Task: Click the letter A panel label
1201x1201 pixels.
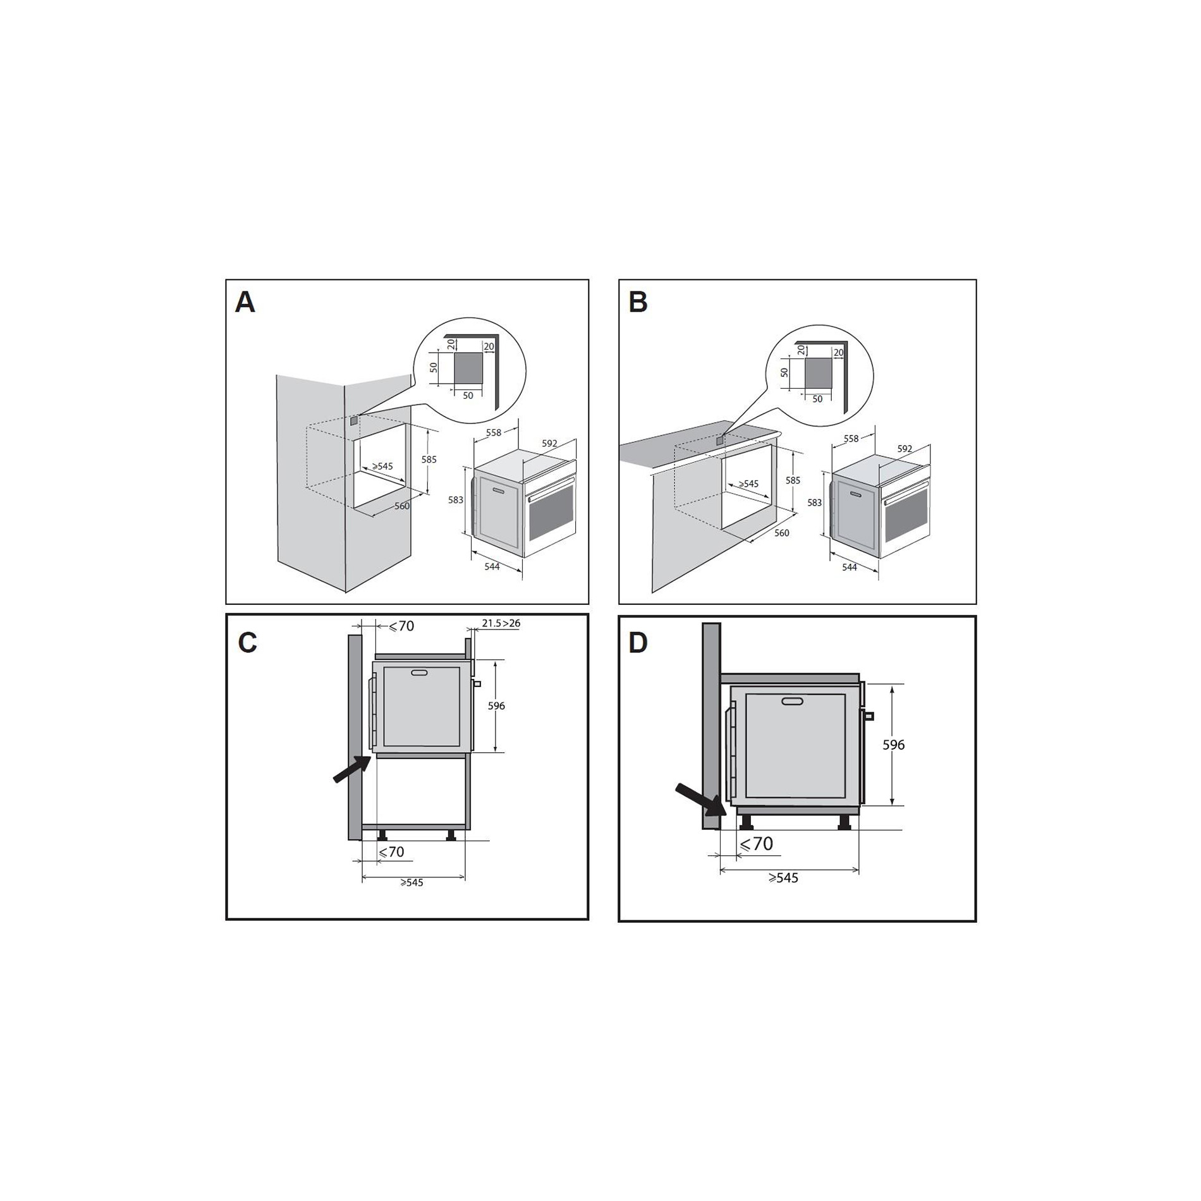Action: pos(245,302)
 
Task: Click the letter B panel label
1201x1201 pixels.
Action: pos(638,302)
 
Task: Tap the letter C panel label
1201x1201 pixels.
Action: pos(248,643)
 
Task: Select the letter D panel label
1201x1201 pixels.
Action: pos(638,643)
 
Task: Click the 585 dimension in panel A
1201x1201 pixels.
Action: pos(429,460)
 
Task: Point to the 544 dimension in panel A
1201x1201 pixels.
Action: pos(492,566)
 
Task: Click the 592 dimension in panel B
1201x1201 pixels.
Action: pos(905,449)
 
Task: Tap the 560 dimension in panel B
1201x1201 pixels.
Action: pos(782,533)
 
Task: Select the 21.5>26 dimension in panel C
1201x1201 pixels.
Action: pos(501,623)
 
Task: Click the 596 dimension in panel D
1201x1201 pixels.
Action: pos(894,745)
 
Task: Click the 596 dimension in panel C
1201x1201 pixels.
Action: pos(496,705)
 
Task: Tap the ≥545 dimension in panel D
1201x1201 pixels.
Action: pos(784,877)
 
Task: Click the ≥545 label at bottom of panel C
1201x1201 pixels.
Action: pos(412,882)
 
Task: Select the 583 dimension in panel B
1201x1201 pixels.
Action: pos(815,503)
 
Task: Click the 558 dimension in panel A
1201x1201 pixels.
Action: pos(494,433)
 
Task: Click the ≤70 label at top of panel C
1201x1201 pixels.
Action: pos(401,626)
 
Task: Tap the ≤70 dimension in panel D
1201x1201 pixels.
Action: pos(757,844)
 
